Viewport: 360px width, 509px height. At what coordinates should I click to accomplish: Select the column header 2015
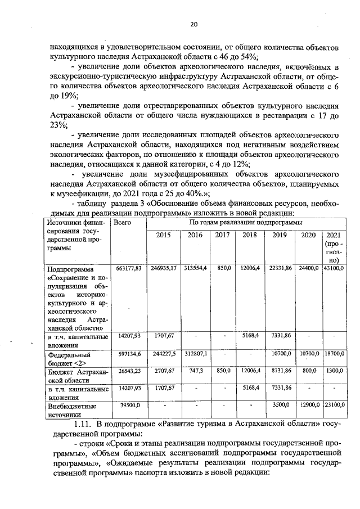[163, 235]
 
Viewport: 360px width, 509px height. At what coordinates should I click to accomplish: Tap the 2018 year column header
[249, 235]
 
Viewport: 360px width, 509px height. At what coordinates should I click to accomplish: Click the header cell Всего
[122, 223]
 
